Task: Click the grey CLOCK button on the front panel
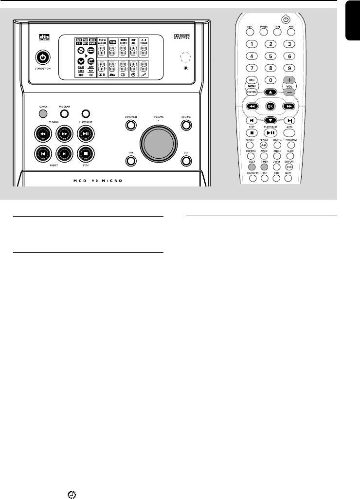43,114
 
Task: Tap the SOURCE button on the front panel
186,125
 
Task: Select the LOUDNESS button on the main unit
130,125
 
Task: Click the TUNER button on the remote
264,33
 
